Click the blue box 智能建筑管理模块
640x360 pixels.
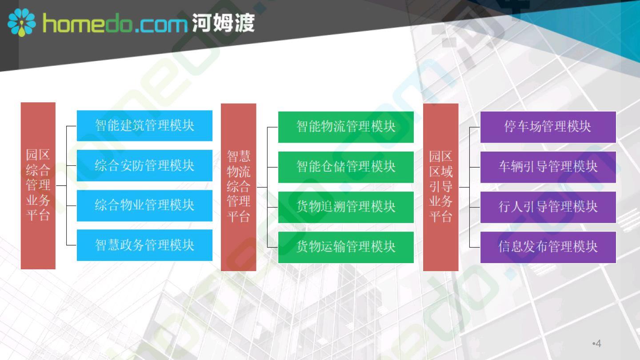coord(144,126)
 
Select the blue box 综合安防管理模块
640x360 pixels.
coord(144,165)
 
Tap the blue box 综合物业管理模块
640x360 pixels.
coord(144,205)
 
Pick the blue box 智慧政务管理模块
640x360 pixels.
coord(144,245)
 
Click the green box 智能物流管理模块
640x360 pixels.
coord(346,127)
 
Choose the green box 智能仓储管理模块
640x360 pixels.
coord(346,167)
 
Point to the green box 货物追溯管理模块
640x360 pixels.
coord(346,207)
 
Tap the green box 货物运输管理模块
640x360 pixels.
coord(346,247)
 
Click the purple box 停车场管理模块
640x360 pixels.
coord(548,127)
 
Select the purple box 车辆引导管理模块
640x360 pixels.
coord(548,167)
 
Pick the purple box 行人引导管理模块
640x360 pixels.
coord(548,207)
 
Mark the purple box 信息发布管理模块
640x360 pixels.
coord(548,247)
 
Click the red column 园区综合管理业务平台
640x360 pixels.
coord(38,186)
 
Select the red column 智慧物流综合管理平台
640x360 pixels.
coord(239,187)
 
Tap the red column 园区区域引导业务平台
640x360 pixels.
coord(440,187)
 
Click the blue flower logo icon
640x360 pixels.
coord(21,23)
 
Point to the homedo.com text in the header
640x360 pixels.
coord(115,24)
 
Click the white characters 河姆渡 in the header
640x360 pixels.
coord(223,23)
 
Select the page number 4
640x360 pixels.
coord(598,343)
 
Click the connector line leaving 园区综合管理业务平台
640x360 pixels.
coord(61,186)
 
